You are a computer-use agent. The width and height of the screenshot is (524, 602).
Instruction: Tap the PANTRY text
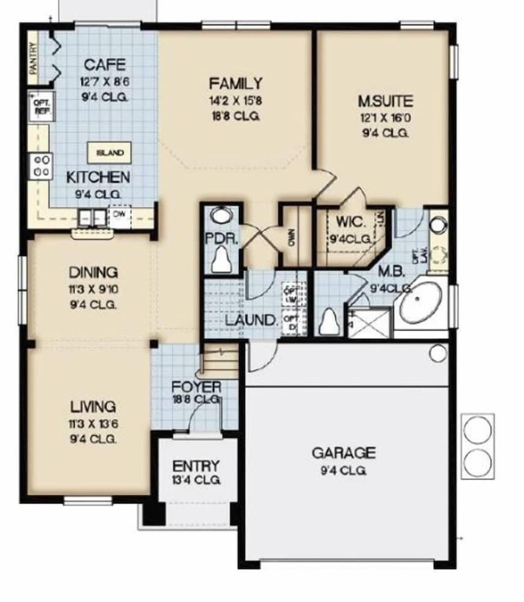coord(33,58)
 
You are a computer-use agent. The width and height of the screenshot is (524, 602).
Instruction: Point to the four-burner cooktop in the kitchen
coord(42,166)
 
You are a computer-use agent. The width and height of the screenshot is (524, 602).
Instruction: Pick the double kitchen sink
coord(92,217)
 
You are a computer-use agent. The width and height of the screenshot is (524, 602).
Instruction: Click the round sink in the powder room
coord(222,216)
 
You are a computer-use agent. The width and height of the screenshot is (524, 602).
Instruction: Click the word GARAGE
coord(344,453)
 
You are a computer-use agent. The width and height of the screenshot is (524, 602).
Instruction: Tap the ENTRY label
coord(196,467)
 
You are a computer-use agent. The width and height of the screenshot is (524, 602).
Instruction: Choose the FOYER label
coord(197,386)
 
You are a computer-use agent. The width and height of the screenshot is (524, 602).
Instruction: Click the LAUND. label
coord(251,320)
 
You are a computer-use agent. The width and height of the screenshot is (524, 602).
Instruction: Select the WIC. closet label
coord(348,221)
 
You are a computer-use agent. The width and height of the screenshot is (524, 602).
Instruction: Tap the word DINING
coord(93,273)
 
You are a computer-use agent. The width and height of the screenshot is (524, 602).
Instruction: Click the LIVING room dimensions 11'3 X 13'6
coord(93,423)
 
